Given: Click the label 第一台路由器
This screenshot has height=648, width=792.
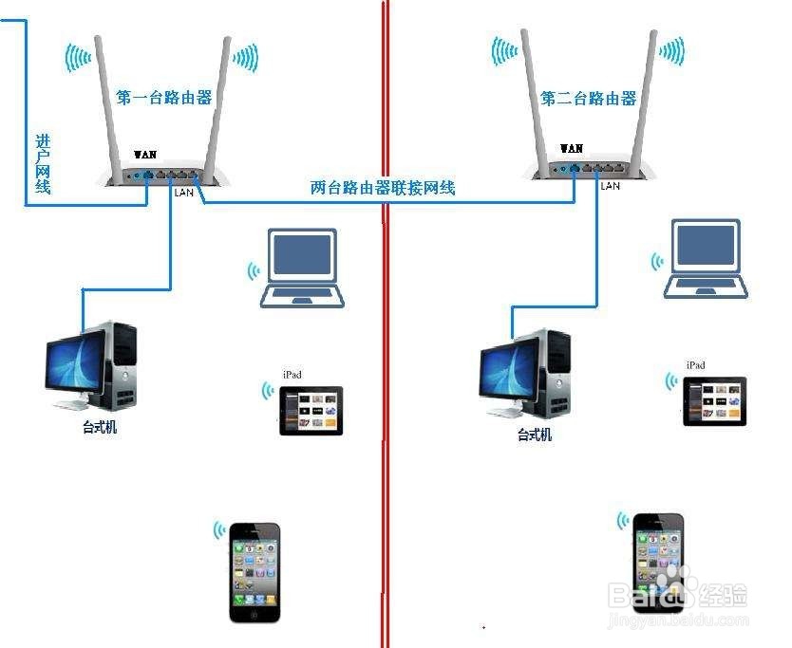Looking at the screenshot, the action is click(x=163, y=97).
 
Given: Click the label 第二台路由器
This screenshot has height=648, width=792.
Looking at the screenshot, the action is click(x=588, y=98).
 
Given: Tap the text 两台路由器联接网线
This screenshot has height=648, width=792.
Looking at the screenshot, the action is click(x=383, y=188).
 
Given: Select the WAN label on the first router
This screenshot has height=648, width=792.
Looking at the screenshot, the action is click(x=145, y=154).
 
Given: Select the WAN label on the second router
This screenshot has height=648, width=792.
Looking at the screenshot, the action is click(x=572, y=148).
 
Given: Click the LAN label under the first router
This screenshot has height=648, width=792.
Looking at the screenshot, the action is click(x=184, y=192).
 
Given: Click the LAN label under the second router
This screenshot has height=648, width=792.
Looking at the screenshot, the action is click(x=611, y=186).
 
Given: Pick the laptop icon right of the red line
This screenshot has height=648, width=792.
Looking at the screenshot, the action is click(x=706, y=259).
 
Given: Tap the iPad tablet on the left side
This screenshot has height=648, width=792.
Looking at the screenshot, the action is click(x=311, y=411).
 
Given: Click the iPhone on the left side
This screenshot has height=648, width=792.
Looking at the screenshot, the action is click(x=255, y=572).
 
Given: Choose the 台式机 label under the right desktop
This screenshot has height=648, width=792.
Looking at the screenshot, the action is click(x=534, y=435).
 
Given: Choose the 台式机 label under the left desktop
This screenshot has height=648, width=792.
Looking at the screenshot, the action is click(x=99, y=428).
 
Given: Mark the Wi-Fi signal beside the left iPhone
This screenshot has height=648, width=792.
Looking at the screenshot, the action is click(x=219, y=529).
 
